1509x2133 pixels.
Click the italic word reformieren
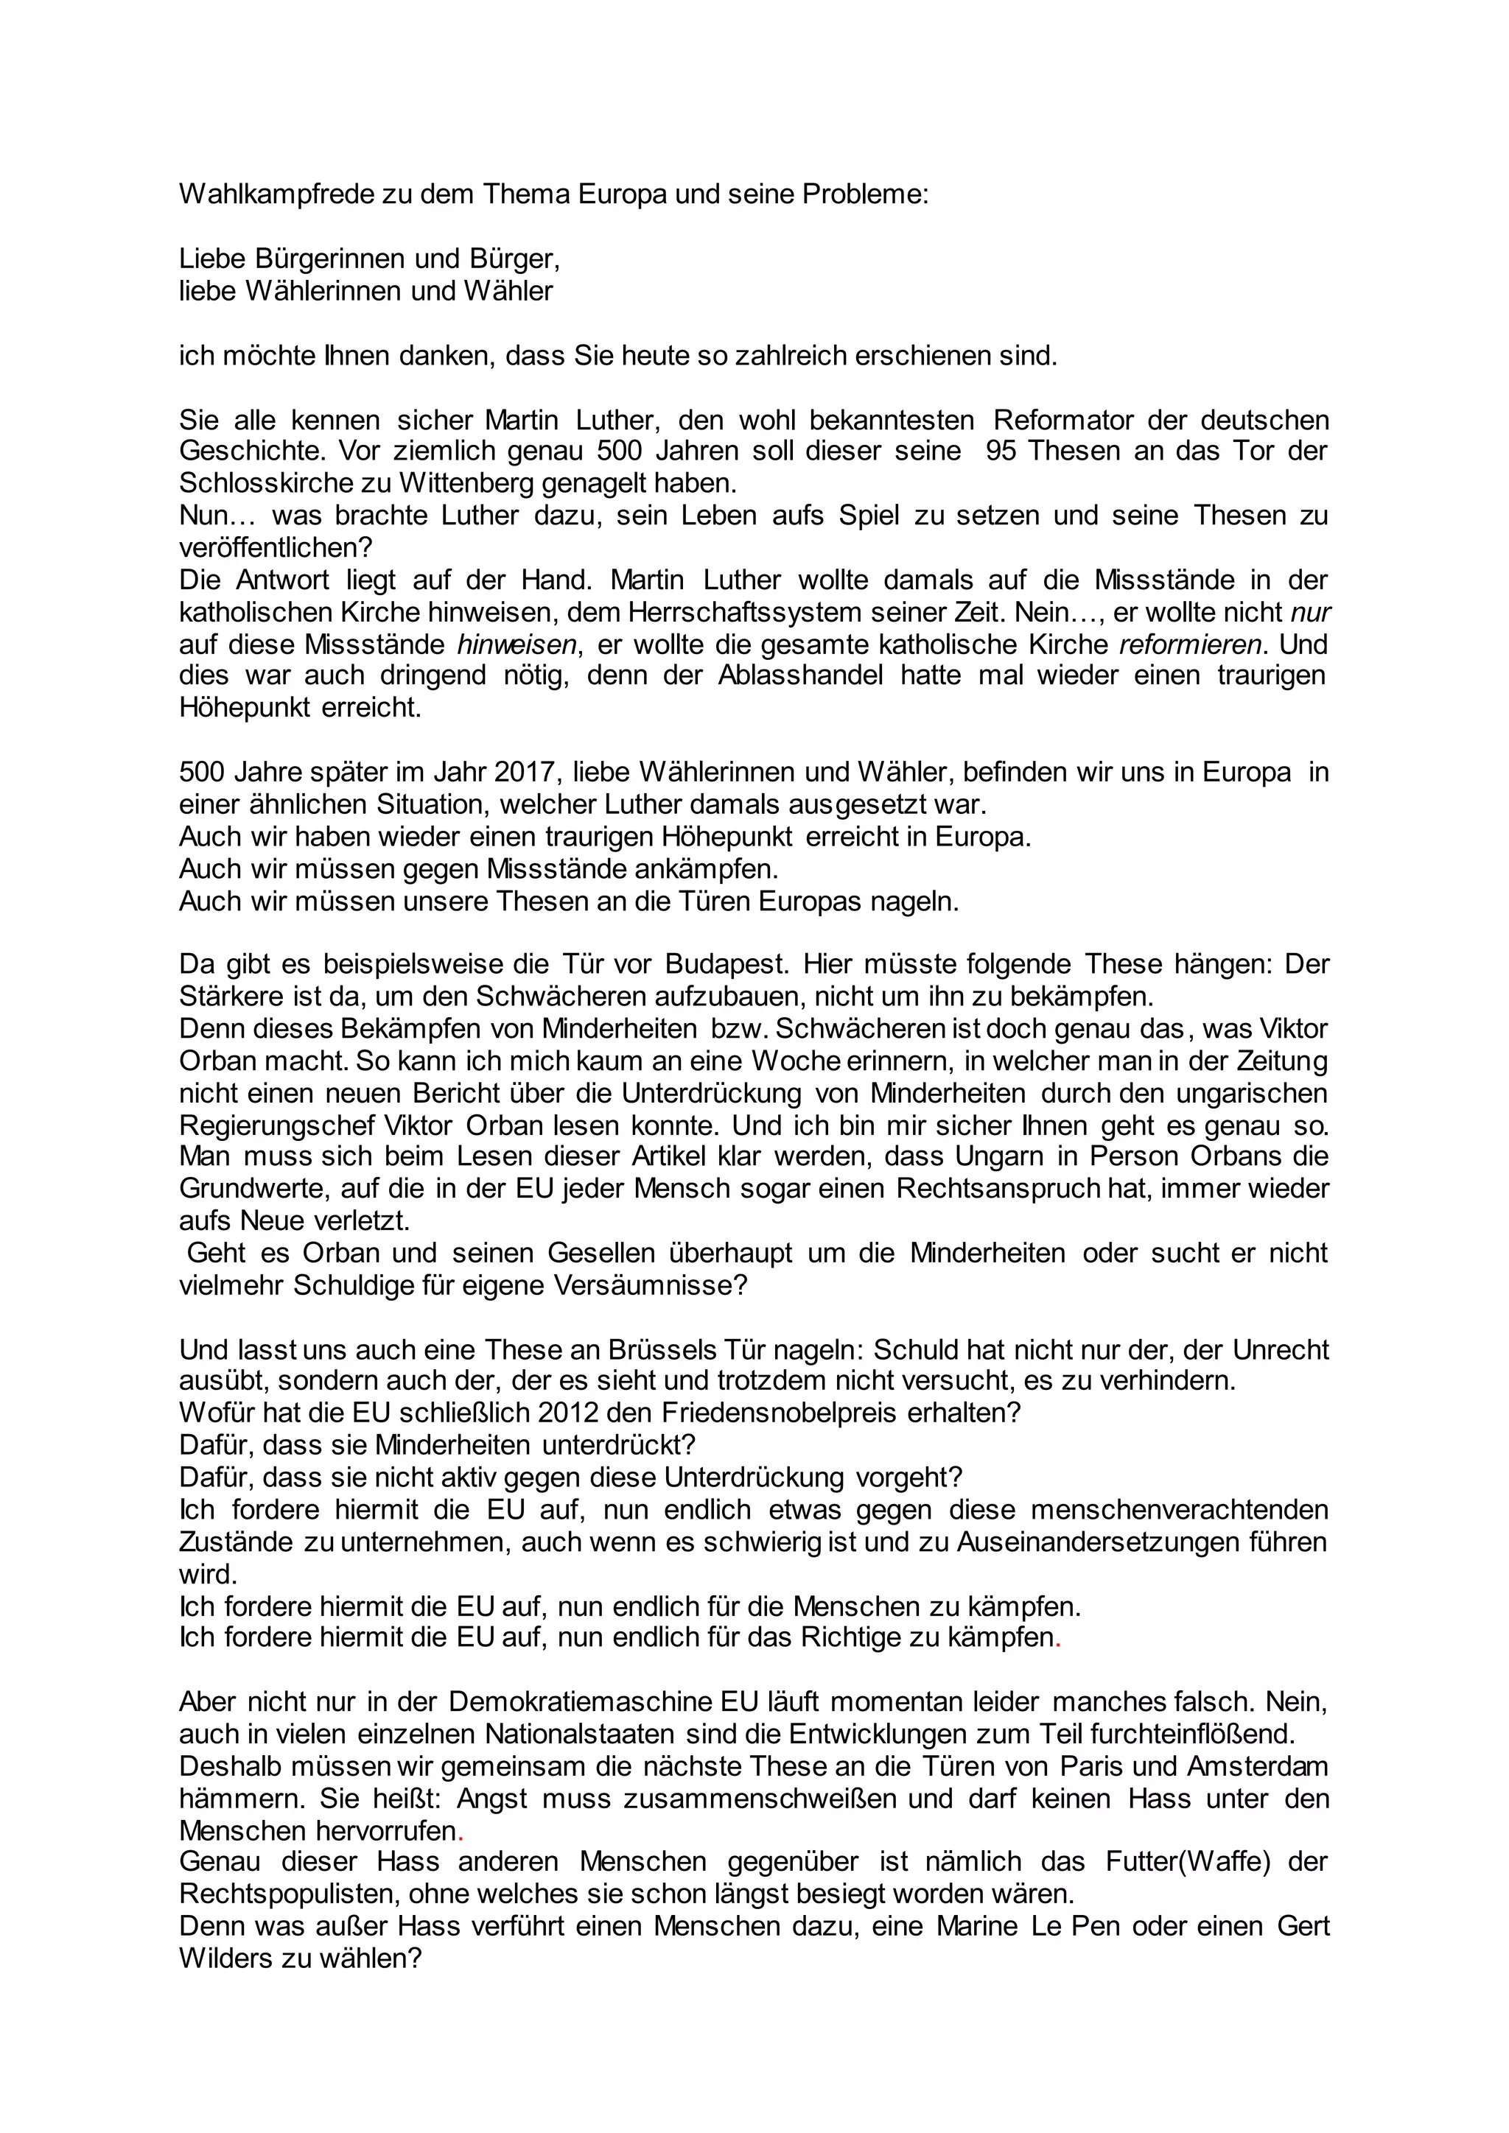point(1191,644)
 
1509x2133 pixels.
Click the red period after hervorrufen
point(461,1831)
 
